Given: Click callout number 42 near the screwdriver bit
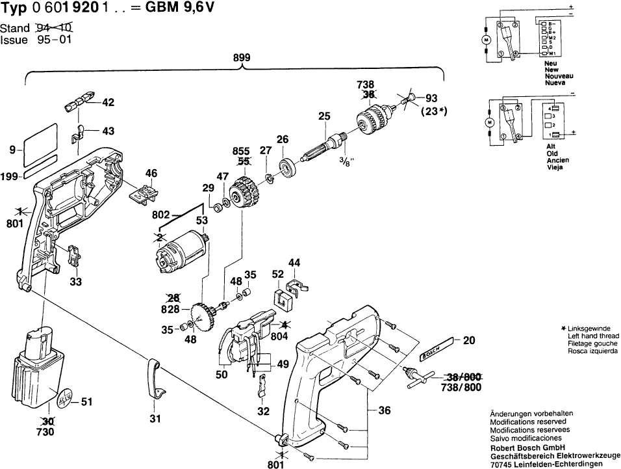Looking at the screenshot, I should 108,102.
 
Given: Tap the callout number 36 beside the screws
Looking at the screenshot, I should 385,410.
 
